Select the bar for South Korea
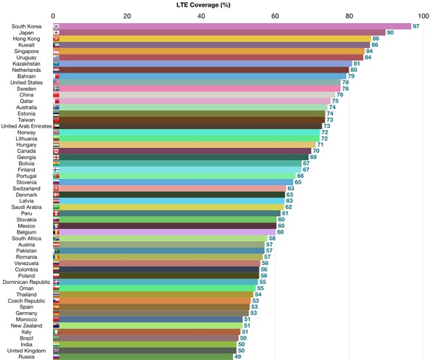pos(232,26)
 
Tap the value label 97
pos(416,26)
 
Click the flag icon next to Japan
pos(57,33)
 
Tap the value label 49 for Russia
pos(237,356)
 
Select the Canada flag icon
pos(57,151)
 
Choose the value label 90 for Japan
pos(390,33)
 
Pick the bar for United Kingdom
pos(145,350)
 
